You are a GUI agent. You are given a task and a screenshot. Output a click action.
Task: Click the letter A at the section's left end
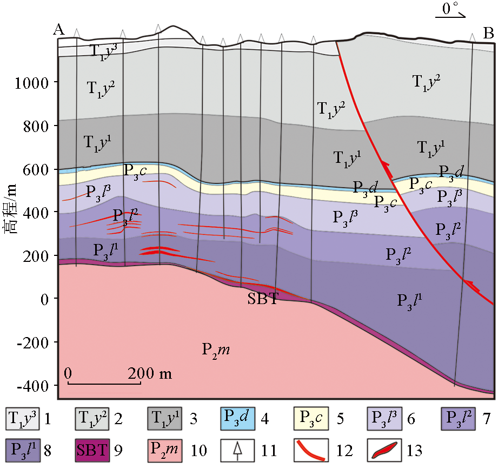click(59, 31)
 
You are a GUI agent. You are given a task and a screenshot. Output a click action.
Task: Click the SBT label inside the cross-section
click(263, 300)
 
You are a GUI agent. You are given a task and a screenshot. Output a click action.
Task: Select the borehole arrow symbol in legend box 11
click(237, 449)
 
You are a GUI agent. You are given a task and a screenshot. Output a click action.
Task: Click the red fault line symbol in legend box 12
click(310, 449)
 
